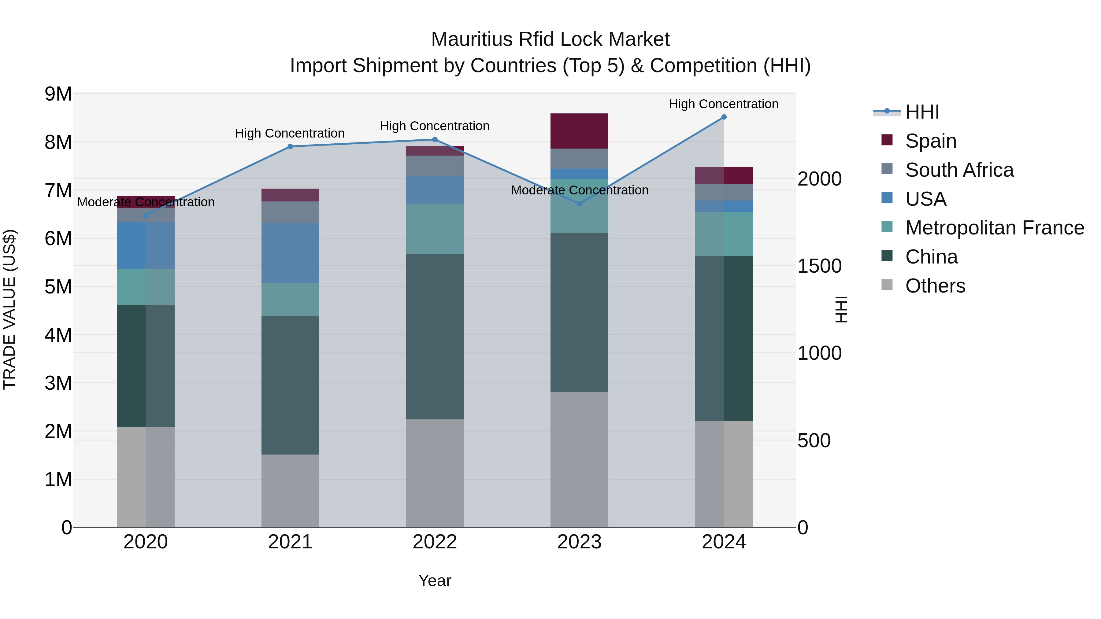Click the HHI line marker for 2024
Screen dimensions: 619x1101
(x=724, y=117)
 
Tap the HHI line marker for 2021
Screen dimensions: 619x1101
(x=290, y=146)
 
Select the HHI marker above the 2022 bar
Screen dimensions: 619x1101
(x=435, y=139)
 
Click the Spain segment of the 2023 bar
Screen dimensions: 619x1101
(x=579, y=131)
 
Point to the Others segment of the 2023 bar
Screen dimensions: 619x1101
(x=579, y=459)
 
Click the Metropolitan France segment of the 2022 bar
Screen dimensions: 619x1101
(x=435, y=229)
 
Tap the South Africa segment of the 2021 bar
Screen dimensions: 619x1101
(x=290, y=212)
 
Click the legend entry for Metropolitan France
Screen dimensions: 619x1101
(x=994, y=228)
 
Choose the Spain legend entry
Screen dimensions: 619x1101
(x=930, y=141)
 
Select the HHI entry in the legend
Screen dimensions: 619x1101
(x=922, y=112)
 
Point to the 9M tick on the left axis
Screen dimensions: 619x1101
(x=58, y=94)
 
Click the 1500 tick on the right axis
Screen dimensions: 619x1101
(x=819, y=266)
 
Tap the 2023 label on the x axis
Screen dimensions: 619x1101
(x=579, y=542)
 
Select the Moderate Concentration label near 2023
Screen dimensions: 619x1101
(x=580, y=190)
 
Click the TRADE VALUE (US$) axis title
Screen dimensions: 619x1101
(x=9, y=309)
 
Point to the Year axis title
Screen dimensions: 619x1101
(x=435, y=580)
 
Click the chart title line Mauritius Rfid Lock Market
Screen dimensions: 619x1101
(x=550, y=39)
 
